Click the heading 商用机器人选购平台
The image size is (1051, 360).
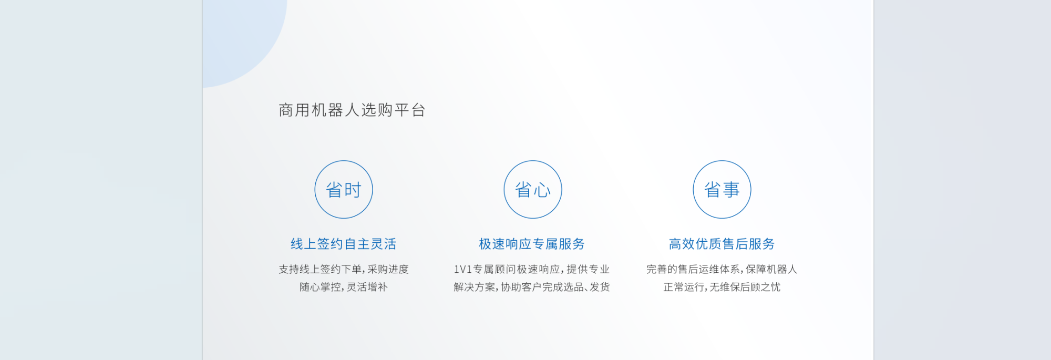(352, 110)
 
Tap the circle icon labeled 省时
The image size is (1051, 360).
(344, 189)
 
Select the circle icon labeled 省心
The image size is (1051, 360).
(533, 189)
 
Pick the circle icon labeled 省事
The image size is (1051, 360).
(722, 189)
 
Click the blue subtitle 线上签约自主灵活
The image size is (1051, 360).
(344, 244)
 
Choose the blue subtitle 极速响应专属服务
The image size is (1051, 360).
(532, 244)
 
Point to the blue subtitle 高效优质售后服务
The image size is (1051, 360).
(722, 244)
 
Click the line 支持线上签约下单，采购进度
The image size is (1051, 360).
(344, 269)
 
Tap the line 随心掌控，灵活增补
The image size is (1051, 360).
(344, 287)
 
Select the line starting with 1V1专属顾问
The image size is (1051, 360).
(532, 269)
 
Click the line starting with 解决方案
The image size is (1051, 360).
(532, 287)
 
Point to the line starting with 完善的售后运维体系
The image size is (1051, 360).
(722, 269)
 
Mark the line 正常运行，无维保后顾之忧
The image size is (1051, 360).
(722, 287)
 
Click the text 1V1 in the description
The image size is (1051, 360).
(463, 270)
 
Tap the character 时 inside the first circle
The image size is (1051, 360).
(353, 190)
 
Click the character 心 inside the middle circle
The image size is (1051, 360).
(542, 190)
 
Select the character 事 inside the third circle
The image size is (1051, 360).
(731, 190)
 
